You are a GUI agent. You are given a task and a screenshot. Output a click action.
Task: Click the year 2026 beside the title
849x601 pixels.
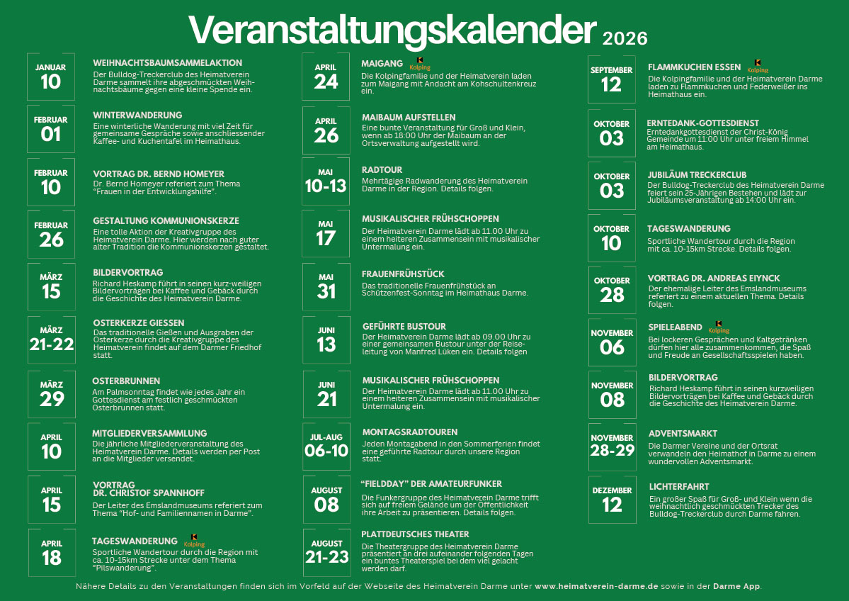(x=625, y=38)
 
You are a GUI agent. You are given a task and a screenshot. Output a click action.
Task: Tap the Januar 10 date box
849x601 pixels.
(x=51, y=77)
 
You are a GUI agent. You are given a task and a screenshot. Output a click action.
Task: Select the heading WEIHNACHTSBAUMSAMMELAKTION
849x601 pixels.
(x=167, y=63)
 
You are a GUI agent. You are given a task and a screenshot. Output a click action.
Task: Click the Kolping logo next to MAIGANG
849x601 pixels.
(x=420, y=64)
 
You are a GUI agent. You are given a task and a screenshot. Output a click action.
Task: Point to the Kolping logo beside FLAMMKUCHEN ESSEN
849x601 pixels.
(x=758, y=66)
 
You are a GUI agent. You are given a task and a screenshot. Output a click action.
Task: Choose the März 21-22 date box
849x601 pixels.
(x=52, y=339)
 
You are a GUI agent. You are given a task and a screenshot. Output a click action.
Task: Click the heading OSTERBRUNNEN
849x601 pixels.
(x=126, y=381)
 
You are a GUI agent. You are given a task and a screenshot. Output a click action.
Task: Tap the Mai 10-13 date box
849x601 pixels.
(x=326, y=181)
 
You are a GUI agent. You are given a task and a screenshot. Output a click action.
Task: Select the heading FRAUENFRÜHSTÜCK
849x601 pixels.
(x=403, y=274)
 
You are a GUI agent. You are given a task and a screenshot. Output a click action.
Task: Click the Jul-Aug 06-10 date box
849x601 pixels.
(x=326, y=446)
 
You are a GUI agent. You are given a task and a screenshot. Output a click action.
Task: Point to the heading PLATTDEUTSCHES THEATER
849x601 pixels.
(x=416, y=534)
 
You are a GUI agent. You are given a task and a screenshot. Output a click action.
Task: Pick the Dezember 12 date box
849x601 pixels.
(x=612, y=500)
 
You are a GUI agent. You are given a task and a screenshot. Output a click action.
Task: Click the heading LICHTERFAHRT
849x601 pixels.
(x=679, y=487)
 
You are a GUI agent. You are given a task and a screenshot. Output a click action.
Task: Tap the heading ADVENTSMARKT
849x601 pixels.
(x=683, y=434)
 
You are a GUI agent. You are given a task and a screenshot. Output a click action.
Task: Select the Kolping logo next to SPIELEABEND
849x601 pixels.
(x=719, y=327)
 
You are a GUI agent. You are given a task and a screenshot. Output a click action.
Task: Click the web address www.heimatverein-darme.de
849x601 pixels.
(x=596, y=586)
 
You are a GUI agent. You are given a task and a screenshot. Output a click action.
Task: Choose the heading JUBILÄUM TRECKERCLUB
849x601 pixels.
(x=697, y=175)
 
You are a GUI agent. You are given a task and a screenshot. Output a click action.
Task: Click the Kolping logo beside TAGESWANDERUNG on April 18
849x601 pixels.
(x=195, y=541)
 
